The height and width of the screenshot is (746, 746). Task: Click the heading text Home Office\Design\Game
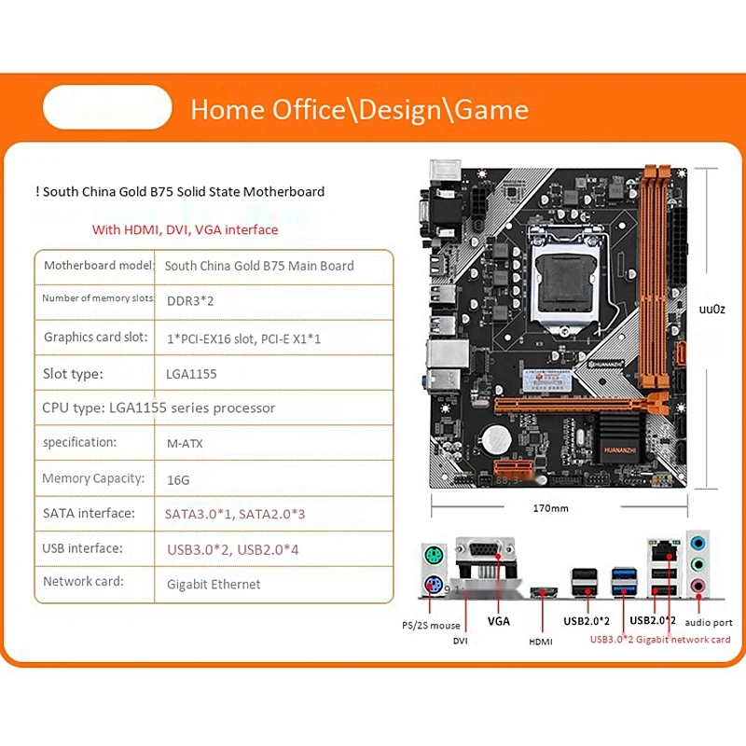[x=359, y=109]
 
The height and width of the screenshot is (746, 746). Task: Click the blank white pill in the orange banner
[x=107, y=107]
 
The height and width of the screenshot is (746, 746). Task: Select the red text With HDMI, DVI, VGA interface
[x=185, y=229]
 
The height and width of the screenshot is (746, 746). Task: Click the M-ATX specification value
[x=184, y=443]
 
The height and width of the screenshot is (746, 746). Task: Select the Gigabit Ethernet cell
[x=214, y=584]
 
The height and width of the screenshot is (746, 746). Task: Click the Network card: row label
[x=83, y=581]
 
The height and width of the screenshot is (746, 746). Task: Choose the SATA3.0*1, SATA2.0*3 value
[x=234, y=514]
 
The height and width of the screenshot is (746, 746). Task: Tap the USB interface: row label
[x=82, y=548]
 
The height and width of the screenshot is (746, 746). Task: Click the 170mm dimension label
[x=550, y=508]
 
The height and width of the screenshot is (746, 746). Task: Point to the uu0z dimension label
[x=712, y=309]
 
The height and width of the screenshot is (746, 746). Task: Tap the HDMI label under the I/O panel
[x=541, y=642]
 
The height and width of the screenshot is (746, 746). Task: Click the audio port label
[x=709, y=622]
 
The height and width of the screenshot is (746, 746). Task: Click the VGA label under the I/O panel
[x=499, y=620]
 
